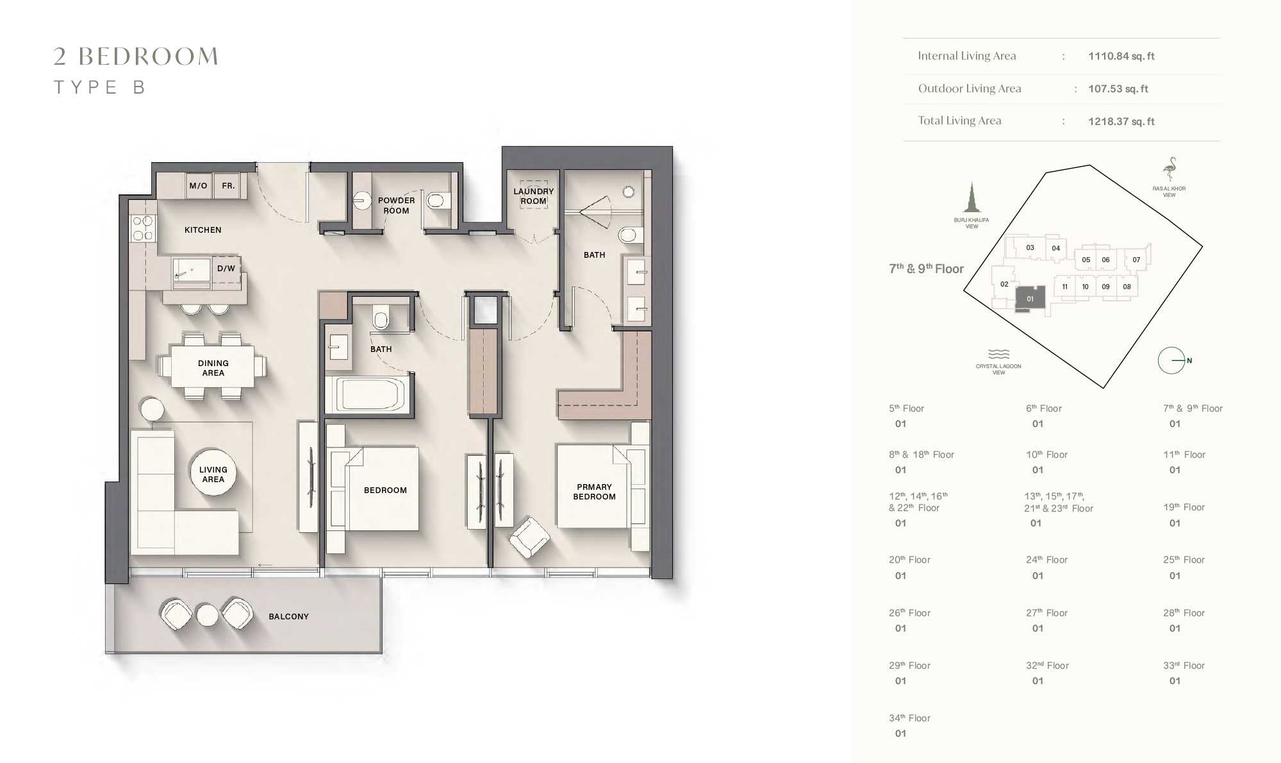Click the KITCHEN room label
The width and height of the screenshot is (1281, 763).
202,230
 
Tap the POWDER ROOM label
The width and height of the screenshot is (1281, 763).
396,205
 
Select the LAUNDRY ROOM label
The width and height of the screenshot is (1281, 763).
533,196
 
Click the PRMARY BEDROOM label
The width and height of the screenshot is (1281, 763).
594,492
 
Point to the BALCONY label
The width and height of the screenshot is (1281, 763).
288,616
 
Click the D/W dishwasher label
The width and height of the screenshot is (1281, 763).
226,269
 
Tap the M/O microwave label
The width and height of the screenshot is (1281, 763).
198,186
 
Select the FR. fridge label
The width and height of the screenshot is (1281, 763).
228,186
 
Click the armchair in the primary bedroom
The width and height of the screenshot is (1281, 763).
529,537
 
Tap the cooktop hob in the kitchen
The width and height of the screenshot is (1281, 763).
143,229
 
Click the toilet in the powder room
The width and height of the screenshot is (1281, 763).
436,201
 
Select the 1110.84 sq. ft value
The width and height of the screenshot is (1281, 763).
1121,56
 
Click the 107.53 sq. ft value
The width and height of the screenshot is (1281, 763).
1118,89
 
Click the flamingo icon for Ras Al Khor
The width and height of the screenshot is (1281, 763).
1169,169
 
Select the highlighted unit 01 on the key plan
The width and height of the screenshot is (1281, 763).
1030,298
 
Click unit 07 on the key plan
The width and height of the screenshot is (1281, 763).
1136,260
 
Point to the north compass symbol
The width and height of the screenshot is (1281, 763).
1172,360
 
